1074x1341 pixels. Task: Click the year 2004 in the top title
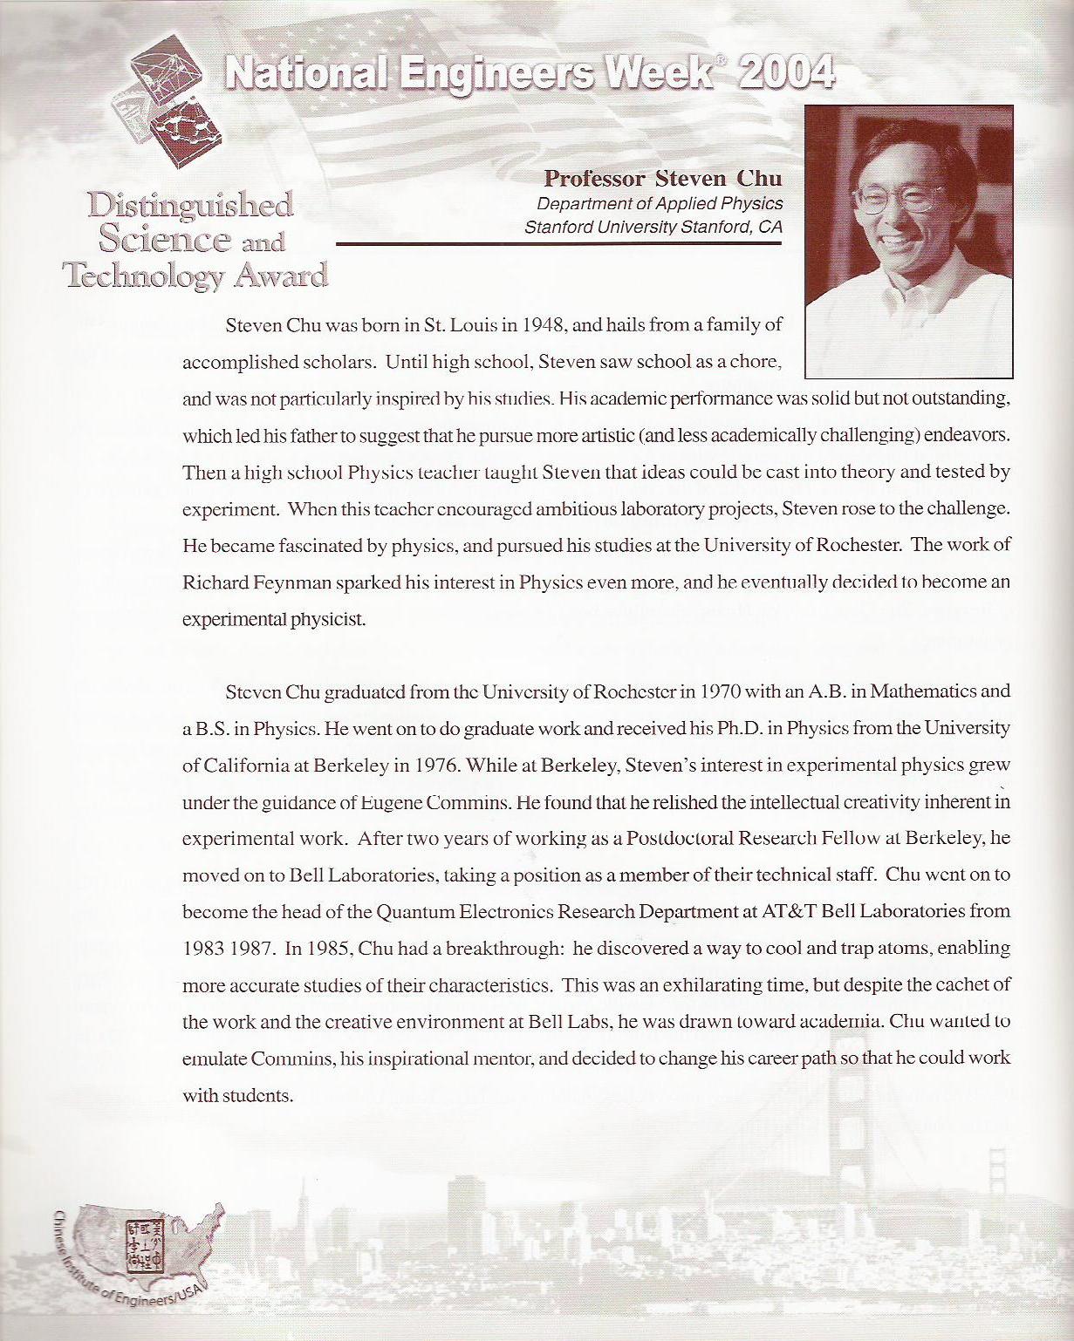click(786, 73)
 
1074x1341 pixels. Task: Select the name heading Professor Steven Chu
click(663, 179)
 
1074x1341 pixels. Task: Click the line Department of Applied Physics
click(660, 203)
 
